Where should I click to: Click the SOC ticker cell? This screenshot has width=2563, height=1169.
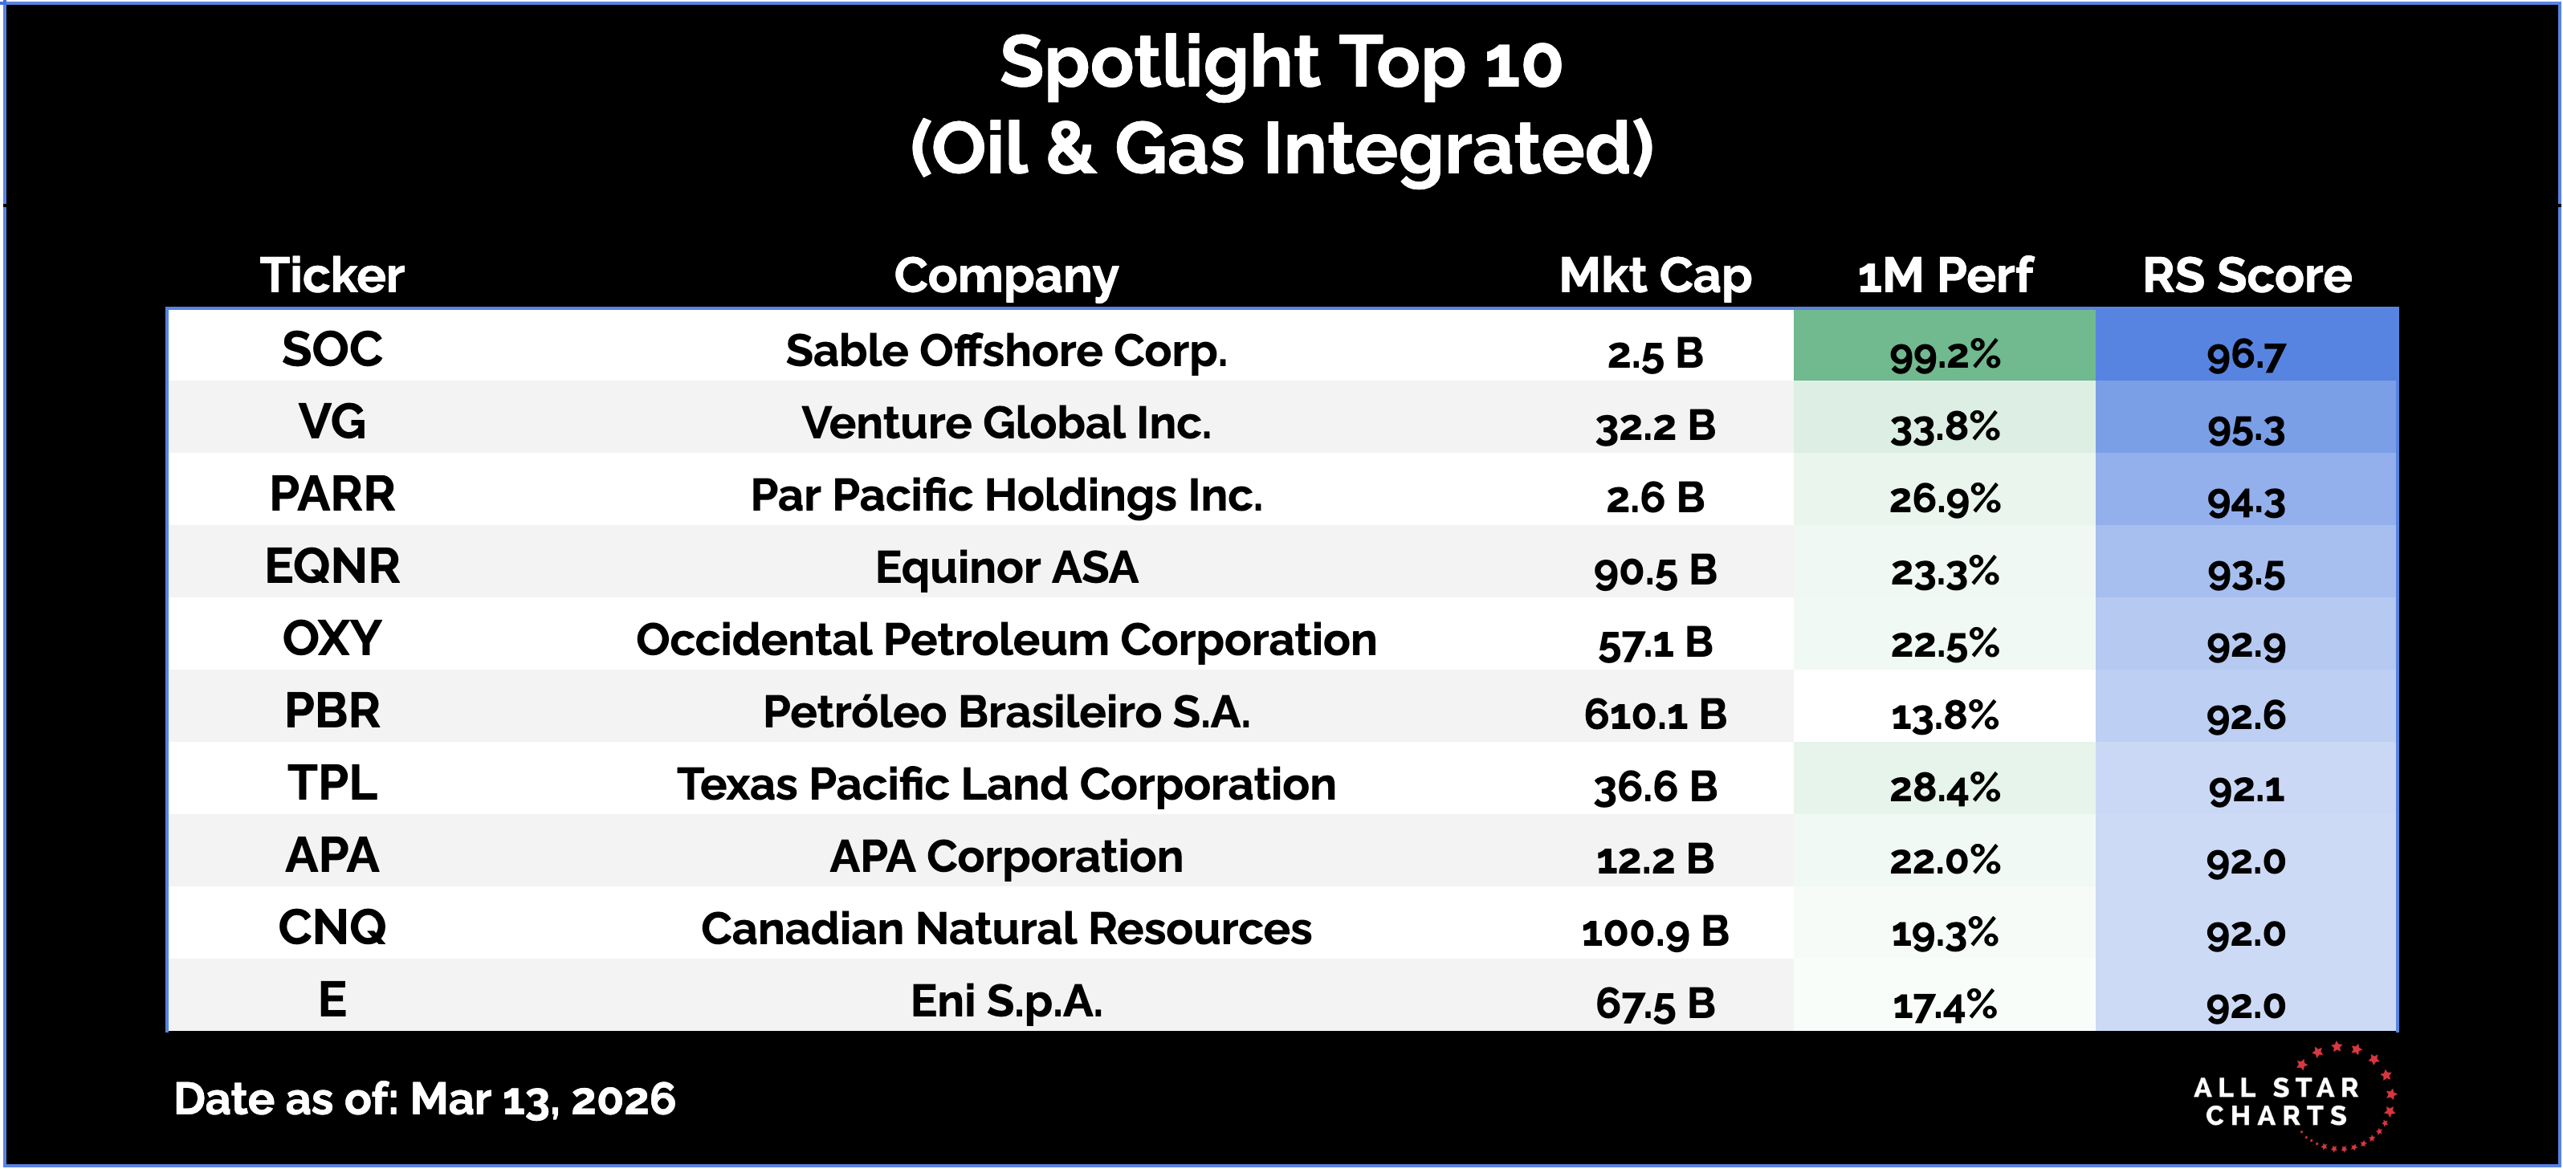[332, 349]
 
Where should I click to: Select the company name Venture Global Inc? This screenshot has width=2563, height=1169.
[1006, 423]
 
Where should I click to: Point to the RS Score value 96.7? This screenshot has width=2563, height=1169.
[2246, 355]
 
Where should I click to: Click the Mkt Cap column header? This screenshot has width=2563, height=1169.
[1655, 275]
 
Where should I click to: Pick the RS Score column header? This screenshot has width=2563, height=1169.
[2247, 275]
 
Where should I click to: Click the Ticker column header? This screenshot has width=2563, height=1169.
[332, 275]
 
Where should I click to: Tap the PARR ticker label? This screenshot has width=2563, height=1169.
[332, 495]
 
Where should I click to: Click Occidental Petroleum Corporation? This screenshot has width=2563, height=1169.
[1006, 640]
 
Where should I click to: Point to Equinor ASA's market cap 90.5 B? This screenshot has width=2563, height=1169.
[1655, 570]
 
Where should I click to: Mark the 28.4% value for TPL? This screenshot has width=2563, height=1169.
[1944, 788]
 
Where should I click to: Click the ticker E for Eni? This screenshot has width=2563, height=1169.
[332, 999]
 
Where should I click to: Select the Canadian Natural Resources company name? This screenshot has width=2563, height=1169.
[1006, 928]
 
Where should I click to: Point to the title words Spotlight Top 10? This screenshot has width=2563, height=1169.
[1281, 63]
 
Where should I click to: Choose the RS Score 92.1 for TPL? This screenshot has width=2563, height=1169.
[2246, 788]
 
